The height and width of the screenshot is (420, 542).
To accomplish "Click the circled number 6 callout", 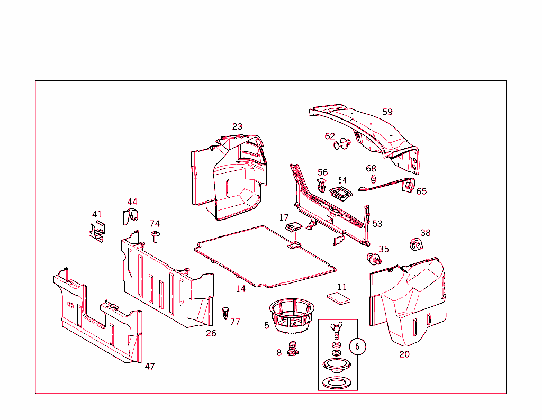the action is click(357, 346).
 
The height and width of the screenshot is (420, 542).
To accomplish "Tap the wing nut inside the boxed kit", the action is click(336, 330).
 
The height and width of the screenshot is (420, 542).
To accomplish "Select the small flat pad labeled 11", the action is click(339, 298).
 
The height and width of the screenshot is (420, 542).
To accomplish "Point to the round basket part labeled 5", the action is click(292, 316).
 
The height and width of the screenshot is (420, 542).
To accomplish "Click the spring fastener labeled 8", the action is click(293, 349).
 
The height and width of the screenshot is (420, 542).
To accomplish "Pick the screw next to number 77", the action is click(225, 313).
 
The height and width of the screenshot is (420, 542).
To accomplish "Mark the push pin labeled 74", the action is click(155, 236).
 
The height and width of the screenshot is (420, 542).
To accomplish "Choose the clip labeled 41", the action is click(97, 231).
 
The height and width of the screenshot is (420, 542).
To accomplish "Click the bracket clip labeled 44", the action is click(130, 216).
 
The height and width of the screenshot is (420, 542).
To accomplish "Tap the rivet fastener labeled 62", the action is click(342, 143).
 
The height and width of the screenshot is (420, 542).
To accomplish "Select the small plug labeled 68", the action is click(373, 179).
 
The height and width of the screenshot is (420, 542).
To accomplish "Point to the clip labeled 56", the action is click(321, 185).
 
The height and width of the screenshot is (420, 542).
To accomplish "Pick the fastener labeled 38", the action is click(416, 244).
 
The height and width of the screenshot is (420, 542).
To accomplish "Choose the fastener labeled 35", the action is click(374, 259).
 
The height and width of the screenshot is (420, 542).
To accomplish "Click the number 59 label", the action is click(387, 112).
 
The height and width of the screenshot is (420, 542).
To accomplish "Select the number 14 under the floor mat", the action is click(241, 289).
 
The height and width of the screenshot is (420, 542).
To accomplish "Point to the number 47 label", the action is click(150, 366).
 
